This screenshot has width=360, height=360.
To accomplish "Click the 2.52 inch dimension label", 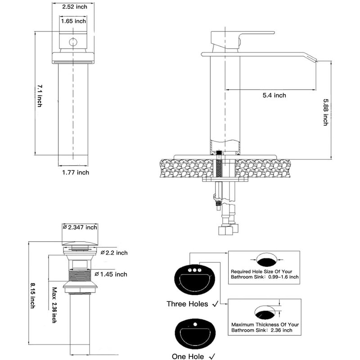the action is tap(75, 7).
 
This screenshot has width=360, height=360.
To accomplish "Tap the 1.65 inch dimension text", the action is tap(73, 21).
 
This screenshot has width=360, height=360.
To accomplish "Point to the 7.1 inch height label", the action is tap(40, 96).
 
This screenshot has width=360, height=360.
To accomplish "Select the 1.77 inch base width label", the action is tap(76, 172).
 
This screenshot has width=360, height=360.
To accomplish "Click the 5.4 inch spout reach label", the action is tap(274, 95).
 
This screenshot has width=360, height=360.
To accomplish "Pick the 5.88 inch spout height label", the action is tap(326, 112).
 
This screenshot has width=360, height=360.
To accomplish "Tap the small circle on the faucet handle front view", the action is tap(73, 42).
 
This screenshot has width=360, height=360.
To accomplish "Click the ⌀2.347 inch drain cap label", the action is tap(80, 227).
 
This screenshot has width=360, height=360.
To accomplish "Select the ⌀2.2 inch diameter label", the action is tap(114, 253).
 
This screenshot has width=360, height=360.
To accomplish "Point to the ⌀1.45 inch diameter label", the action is tap(111, 274).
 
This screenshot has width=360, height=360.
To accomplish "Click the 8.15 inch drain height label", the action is tap(33, 296).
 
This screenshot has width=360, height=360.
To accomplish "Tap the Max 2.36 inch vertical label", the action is tap(54, 305).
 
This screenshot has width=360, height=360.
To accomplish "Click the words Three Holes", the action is tap(187, 304).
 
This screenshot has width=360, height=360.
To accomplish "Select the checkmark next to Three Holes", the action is tap(216, 304).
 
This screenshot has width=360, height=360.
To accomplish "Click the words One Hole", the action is tap(188, 356).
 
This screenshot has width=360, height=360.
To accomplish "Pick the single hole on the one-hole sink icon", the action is tap(195, 324).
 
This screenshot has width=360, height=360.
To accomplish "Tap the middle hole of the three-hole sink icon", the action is tap(195, 270).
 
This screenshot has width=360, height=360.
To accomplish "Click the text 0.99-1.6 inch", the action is tap(283, 277).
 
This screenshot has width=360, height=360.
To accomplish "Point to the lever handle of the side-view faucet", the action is tap(256, 34).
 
